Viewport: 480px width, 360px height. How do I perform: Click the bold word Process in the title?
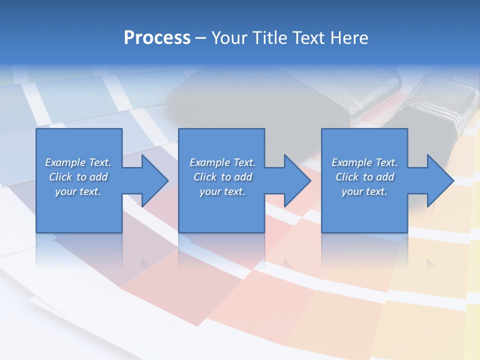(x=157, y=38)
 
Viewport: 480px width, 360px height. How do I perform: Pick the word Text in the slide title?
(x=309, y=38)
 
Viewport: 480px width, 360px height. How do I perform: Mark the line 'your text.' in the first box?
(x=78, y=191)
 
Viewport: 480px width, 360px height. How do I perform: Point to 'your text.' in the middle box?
(x=222, y=191)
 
